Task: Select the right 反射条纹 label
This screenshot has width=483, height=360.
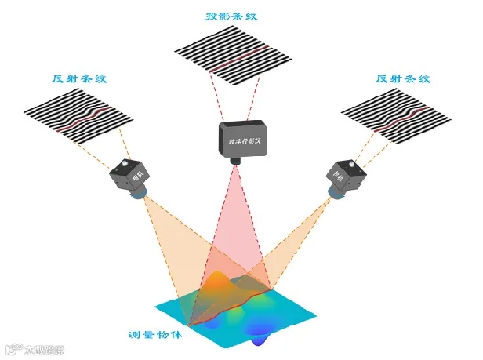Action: click(x=404, y=78)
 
